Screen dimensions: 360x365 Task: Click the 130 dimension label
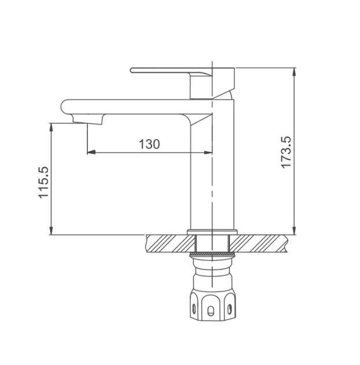[149, 144]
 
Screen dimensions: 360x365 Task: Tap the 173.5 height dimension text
[286, 152]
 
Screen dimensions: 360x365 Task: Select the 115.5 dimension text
[43, 183]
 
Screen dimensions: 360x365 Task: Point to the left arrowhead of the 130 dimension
[91, 152]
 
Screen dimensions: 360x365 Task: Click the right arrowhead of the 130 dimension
[208, 152]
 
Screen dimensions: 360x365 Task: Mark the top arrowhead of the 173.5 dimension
[295, 72]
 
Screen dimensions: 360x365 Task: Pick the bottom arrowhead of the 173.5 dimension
[295, 231]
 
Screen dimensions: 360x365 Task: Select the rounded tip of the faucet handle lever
[132, 70]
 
